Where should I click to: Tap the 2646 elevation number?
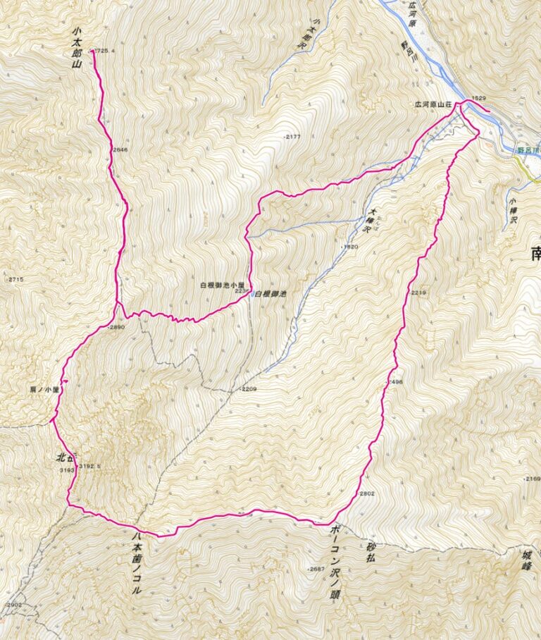tap(120, 149)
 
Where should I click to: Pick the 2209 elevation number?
tap(250, 389)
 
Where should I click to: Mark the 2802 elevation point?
tap(367, 493)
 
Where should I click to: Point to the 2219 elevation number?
tap(417, 292)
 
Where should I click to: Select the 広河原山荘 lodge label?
tap(432, 104)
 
